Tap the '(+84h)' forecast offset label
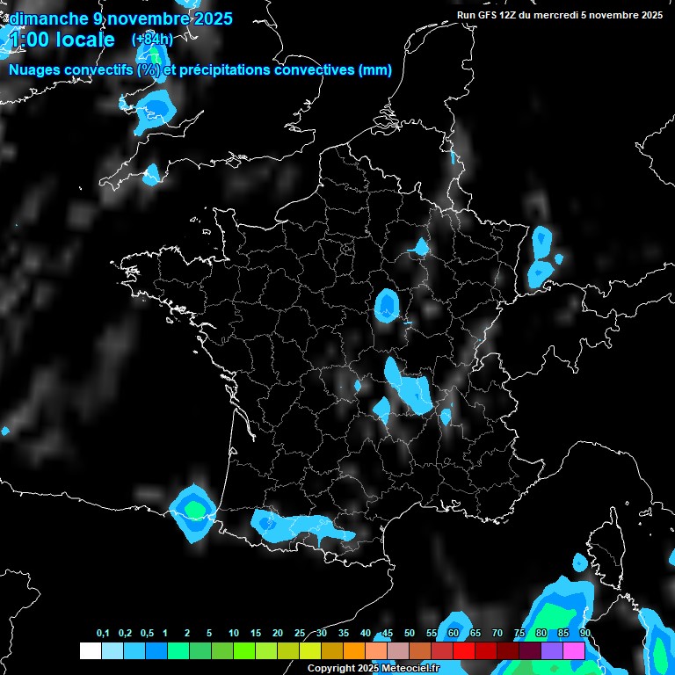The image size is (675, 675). [x=152, y=40]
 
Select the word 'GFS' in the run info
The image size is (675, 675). [x=494, y=15]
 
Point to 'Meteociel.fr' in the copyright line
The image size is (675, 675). [x=409, y=669]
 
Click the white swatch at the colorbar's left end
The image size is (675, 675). [x=90, y=650]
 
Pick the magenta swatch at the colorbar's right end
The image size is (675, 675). [x=574, y=650]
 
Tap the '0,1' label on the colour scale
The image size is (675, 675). [x=103, y=634]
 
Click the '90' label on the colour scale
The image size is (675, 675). [x=584, y=634]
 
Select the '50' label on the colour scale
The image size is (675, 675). [x=410, y=634]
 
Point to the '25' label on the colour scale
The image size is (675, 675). [x=300, y=634]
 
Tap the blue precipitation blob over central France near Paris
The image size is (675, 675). [x=387, y=305]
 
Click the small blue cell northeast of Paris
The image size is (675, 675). [x=422, y=248]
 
